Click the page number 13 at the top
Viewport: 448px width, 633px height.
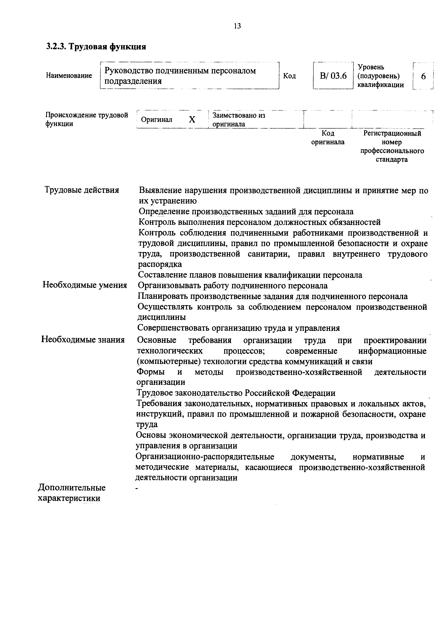tap(237, 26)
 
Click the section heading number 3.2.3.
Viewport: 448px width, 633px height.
tap(56, 47)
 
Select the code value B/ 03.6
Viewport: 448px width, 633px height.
tap(333, 76)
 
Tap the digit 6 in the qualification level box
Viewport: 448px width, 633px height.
tap(423, 76)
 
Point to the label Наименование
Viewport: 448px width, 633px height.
tap(69, 76)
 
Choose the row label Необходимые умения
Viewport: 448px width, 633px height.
tap(85, 285)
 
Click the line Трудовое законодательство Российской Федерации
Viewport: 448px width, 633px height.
tap(236, 393)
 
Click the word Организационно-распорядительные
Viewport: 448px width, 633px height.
tap(205, 457)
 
